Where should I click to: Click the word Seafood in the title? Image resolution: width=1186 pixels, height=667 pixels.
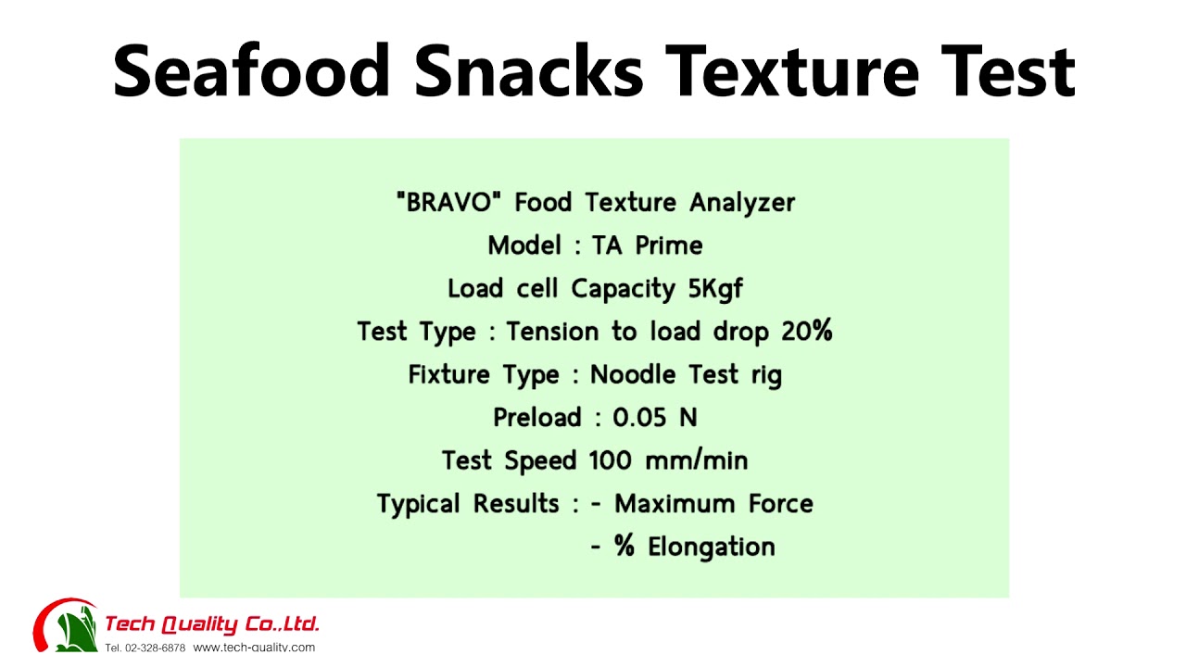[x=251, y=71]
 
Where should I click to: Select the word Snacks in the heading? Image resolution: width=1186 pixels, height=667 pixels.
[x=528, y=71]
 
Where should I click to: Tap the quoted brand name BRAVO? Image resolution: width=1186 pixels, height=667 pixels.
[x=449, y=202]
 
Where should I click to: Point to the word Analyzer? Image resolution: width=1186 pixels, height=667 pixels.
[x=742, y=202]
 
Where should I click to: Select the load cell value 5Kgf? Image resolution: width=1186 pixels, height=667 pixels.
[x=715, y=289]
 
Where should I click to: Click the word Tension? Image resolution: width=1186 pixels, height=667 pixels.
[x=555, y=332]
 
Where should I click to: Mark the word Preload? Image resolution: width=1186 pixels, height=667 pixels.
[x=537, y=418]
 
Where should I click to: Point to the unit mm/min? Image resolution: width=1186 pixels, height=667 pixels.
[x=697, y=460]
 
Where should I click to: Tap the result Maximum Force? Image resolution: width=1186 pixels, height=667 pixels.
[x=714, y=504]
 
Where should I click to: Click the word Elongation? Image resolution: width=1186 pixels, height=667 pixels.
[x=712, y=547]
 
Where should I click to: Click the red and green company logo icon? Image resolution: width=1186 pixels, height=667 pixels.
[x=65, y=625]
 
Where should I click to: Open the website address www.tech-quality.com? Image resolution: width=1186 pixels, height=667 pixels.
[x=254, y=648]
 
